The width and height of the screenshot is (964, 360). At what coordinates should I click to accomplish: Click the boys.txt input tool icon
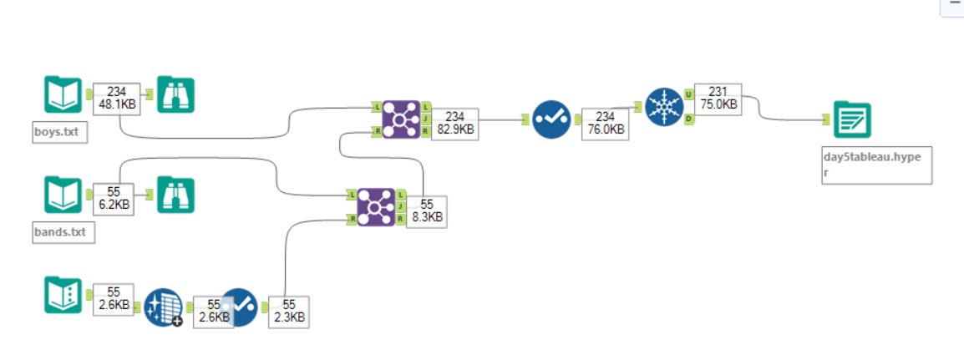63,96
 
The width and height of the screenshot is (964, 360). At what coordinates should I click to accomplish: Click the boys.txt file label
58,132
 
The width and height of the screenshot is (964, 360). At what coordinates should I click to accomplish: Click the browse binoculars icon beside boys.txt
175,96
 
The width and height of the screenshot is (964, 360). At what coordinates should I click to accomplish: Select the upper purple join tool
401,119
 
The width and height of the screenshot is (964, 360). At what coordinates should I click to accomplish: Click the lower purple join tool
377,206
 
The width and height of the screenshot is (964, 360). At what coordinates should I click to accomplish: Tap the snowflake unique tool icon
664,107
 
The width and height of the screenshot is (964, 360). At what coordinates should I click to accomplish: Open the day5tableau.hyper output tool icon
852,120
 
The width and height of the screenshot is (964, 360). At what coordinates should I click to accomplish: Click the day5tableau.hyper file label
875,165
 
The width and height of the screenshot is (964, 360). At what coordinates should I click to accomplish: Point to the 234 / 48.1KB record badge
116,99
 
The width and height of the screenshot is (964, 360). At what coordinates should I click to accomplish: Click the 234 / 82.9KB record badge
455,124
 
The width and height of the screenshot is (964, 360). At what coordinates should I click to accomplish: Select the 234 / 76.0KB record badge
606,123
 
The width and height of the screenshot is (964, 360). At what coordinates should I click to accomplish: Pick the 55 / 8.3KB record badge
427,211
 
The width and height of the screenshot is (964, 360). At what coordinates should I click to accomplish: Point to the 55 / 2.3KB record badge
288,311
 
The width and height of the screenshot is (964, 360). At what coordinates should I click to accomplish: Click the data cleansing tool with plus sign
163,308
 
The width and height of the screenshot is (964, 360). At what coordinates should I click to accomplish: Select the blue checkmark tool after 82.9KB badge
551,119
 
